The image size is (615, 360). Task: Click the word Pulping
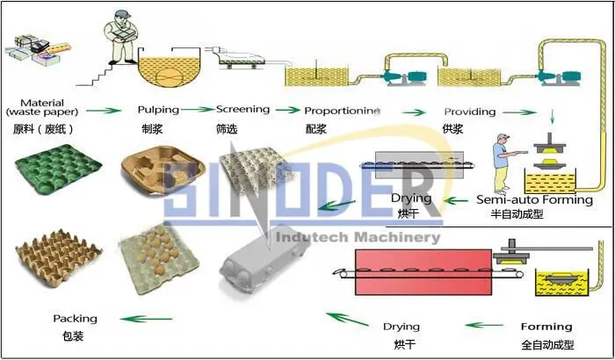tap(158, 110)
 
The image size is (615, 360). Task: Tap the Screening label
tap(242, 110)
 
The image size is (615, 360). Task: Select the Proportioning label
tap(342, 112)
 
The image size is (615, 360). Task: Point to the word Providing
tap(469, 112)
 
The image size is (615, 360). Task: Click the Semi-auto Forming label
tap(534, 200)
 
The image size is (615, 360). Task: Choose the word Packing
tap(75, 319)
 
